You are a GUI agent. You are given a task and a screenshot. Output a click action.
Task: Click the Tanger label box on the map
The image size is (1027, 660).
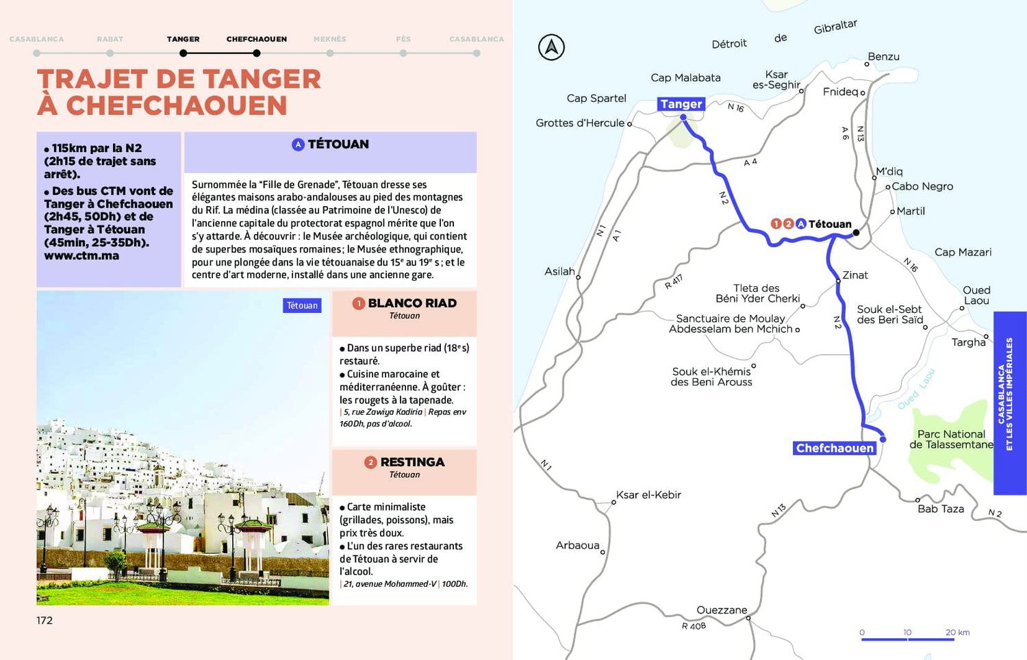coord(681,104)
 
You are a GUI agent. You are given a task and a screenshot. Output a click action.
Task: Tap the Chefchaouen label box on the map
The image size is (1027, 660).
coord(835,448)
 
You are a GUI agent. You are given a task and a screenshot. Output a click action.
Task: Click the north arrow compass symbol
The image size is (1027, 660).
coord(551,47)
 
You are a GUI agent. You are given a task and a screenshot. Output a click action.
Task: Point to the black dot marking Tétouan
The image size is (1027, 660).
coord(856,233)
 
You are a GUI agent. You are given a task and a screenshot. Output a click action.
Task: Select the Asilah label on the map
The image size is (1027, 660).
coord(559,271)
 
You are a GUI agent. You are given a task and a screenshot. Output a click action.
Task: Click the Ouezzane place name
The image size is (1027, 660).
coord(722,610)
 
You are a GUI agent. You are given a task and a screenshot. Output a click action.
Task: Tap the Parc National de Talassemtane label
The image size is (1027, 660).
coord(951,439)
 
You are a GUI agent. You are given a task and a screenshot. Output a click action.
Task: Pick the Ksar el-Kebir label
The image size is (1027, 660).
coord(648,495)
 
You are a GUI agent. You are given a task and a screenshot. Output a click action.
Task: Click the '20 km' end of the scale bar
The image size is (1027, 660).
coord(957,633)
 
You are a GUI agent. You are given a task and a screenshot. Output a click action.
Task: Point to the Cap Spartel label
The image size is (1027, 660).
coord(596,99)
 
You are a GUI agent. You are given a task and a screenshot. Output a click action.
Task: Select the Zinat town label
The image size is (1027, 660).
coord(855,275)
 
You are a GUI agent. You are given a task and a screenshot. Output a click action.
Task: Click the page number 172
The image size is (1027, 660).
coord(45,620)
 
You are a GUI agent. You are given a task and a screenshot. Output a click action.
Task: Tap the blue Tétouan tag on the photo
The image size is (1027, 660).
coord(302,305)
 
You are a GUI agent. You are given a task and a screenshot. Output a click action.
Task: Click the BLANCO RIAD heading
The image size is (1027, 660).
coord(412,303)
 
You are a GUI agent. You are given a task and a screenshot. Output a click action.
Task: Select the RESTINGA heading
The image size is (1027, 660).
coord(412,462)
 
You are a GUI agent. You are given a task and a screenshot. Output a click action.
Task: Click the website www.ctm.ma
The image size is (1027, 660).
coord(81,256)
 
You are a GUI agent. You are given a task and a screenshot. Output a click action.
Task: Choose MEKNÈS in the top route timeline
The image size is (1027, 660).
coord(330,39)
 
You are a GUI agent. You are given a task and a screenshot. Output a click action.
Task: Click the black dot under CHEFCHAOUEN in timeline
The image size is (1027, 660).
coord(257,53)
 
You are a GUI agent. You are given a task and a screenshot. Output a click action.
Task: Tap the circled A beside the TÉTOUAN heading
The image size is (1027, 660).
coord(298,144)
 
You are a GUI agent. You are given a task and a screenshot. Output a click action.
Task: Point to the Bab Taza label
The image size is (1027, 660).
coord(941,509)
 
